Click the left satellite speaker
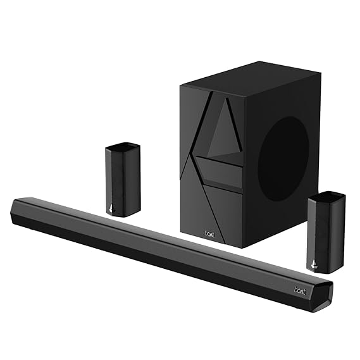click(122, 180)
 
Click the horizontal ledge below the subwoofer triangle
click(219, 161)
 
